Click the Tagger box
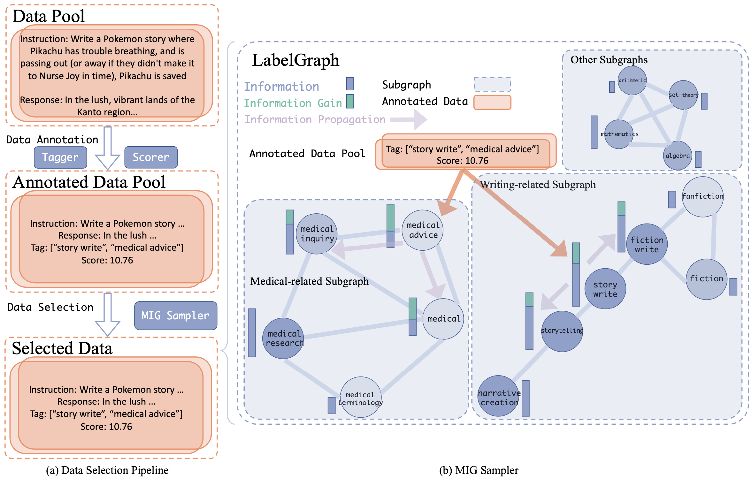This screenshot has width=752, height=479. tap(60, 157)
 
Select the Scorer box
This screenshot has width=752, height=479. tap(151, 157)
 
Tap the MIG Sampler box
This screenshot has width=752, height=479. tap(176, 316)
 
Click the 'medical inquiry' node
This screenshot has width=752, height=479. tap(317, 234)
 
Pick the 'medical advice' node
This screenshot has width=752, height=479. tap(423, 230)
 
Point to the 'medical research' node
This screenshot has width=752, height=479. tap(283, 338)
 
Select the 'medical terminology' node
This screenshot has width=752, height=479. tap(361, 397)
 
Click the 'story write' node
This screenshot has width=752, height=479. tap(605, 289)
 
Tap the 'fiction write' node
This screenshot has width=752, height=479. tap(647, 244)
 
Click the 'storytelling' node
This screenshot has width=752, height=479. tap(562, 331)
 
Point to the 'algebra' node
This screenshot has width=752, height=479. tap(678, 156)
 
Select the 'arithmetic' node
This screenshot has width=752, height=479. tap(632, 80)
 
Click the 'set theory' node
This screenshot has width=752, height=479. tap(683, 95)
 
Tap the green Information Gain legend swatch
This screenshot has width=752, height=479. tap(350, 102)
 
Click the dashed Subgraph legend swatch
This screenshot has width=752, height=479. tap(492, 84)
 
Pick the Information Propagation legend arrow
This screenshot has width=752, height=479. tap(409, 119)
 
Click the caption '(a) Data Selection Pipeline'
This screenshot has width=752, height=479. tap(107, 470)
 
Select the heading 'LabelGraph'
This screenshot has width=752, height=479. tap(295, 60)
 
